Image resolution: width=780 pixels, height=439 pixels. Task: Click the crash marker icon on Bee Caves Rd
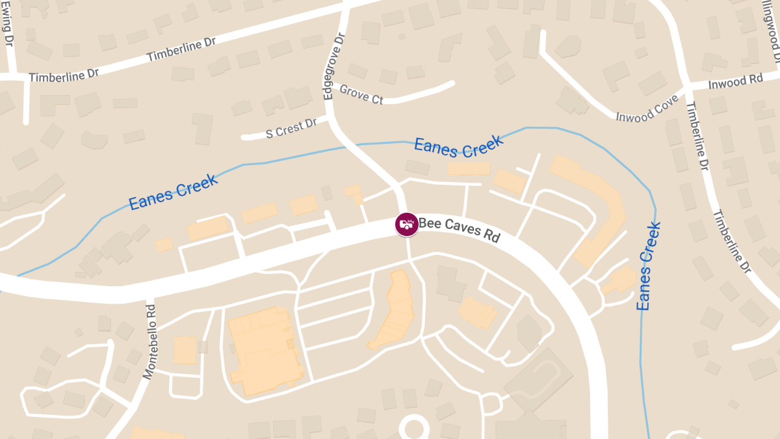pyautogui.click(x=407, y=224)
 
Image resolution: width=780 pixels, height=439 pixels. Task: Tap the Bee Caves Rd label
pyautogui.click(x=459, y=230)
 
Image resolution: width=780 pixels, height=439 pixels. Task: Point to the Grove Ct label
pyautogui.click(x=361, y=95)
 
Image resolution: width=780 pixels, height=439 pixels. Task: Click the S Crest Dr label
pyautogui.click(x=291, y=129)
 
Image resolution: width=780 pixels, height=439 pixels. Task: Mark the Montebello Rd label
pyautogui.click(x=150, y=341)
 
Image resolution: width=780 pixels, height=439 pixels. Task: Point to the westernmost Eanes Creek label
pyautogui.click(x=174, y=192)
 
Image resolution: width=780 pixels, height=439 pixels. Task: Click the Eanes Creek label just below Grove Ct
pyautogui.click(x=458, y=146)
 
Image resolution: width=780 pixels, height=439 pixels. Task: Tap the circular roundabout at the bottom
pyautogui.click(x=414, y=429)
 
